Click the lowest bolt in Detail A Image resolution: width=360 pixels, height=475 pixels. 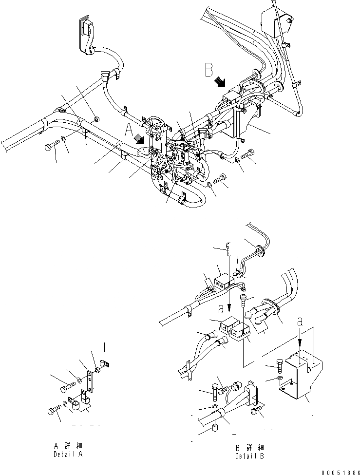(52, 410)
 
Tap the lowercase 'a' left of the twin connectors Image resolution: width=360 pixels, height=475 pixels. (221, 309)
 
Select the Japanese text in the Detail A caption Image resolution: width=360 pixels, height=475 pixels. (68, 446)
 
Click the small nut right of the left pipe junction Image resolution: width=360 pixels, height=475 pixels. (96, 119)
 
